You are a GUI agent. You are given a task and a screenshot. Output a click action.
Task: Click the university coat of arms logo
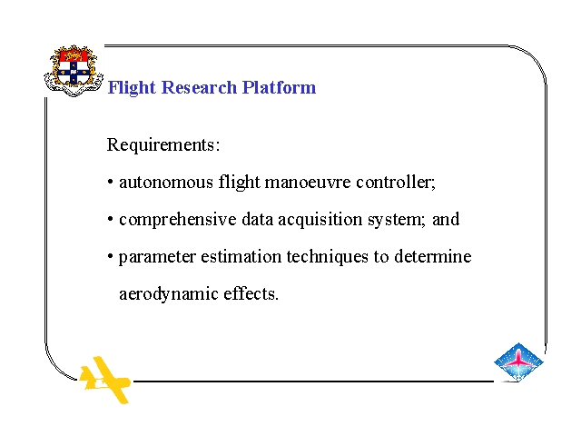click(x=74, y=71)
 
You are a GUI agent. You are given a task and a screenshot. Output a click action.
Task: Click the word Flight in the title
click(x=132, y=88)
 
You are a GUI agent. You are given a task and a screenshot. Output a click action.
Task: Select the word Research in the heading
click(x=199, y=87)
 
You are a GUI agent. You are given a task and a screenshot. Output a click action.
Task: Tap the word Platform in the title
click(x=279, y=87)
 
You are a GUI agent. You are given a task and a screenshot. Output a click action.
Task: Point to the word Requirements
click(x=163, y=145)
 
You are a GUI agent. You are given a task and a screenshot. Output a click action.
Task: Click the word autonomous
click(x=166, y=183)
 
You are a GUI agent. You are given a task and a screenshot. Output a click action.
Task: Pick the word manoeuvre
click(x=308, y=183)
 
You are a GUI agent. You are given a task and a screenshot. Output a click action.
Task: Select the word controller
click(x=396, y=182)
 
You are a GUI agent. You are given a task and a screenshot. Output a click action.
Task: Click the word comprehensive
click(x=178, y=220)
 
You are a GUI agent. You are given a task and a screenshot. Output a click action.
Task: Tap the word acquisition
click(x=320, y=220)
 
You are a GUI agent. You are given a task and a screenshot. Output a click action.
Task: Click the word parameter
click(x=157, y=257)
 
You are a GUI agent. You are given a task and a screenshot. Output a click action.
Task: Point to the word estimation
click(x=241, y=256)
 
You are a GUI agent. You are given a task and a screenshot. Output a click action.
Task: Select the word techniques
click(x=328, y=257)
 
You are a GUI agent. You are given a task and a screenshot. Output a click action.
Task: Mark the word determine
click(x=432, y=256)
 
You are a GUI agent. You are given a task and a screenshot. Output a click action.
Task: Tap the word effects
click(x=251, y=293)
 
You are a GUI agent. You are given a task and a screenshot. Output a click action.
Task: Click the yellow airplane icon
click(x=105, y=380)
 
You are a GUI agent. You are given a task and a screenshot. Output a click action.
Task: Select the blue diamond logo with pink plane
click(x=518, y=362)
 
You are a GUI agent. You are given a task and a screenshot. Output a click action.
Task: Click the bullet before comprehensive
click(x=111, y=220)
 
